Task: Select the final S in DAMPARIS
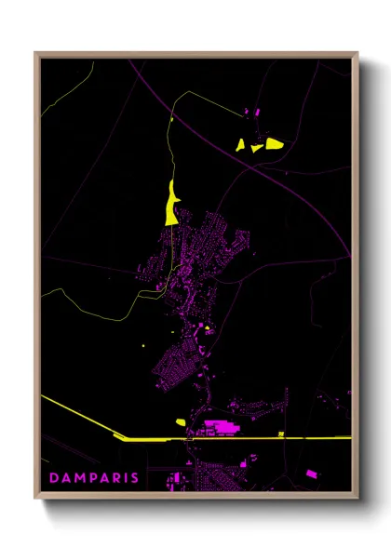tap(136, 478)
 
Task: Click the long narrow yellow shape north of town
tap(171, 203)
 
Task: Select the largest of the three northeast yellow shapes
tap(274, 143)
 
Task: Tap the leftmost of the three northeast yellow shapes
tap(240, 144)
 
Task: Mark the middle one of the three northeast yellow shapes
tap(256, 146)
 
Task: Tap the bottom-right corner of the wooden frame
tap(357, 498)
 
